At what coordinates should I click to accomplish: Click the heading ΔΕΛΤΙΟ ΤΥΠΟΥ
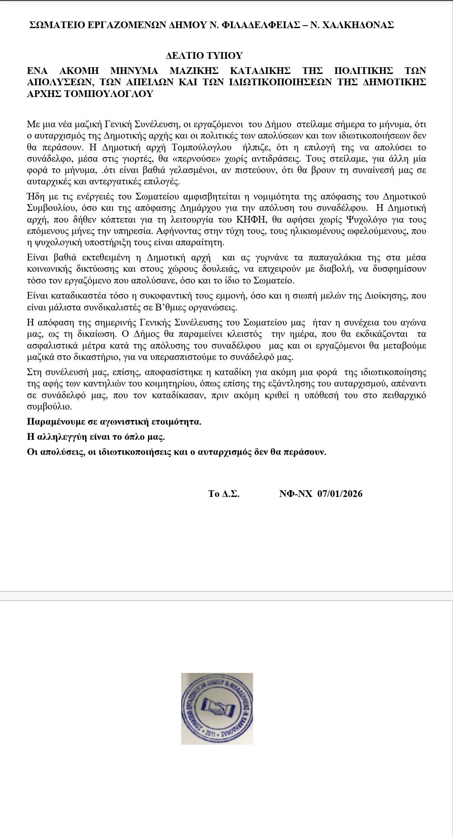tap(204, 55)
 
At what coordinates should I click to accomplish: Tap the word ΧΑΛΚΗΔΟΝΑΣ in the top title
tap(359, 25)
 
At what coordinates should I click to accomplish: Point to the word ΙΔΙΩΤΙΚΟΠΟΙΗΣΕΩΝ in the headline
tap(276, 81)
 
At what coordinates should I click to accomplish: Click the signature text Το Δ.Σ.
tap(224, 494)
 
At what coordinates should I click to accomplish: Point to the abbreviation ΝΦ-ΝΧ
tap(296, 494)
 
